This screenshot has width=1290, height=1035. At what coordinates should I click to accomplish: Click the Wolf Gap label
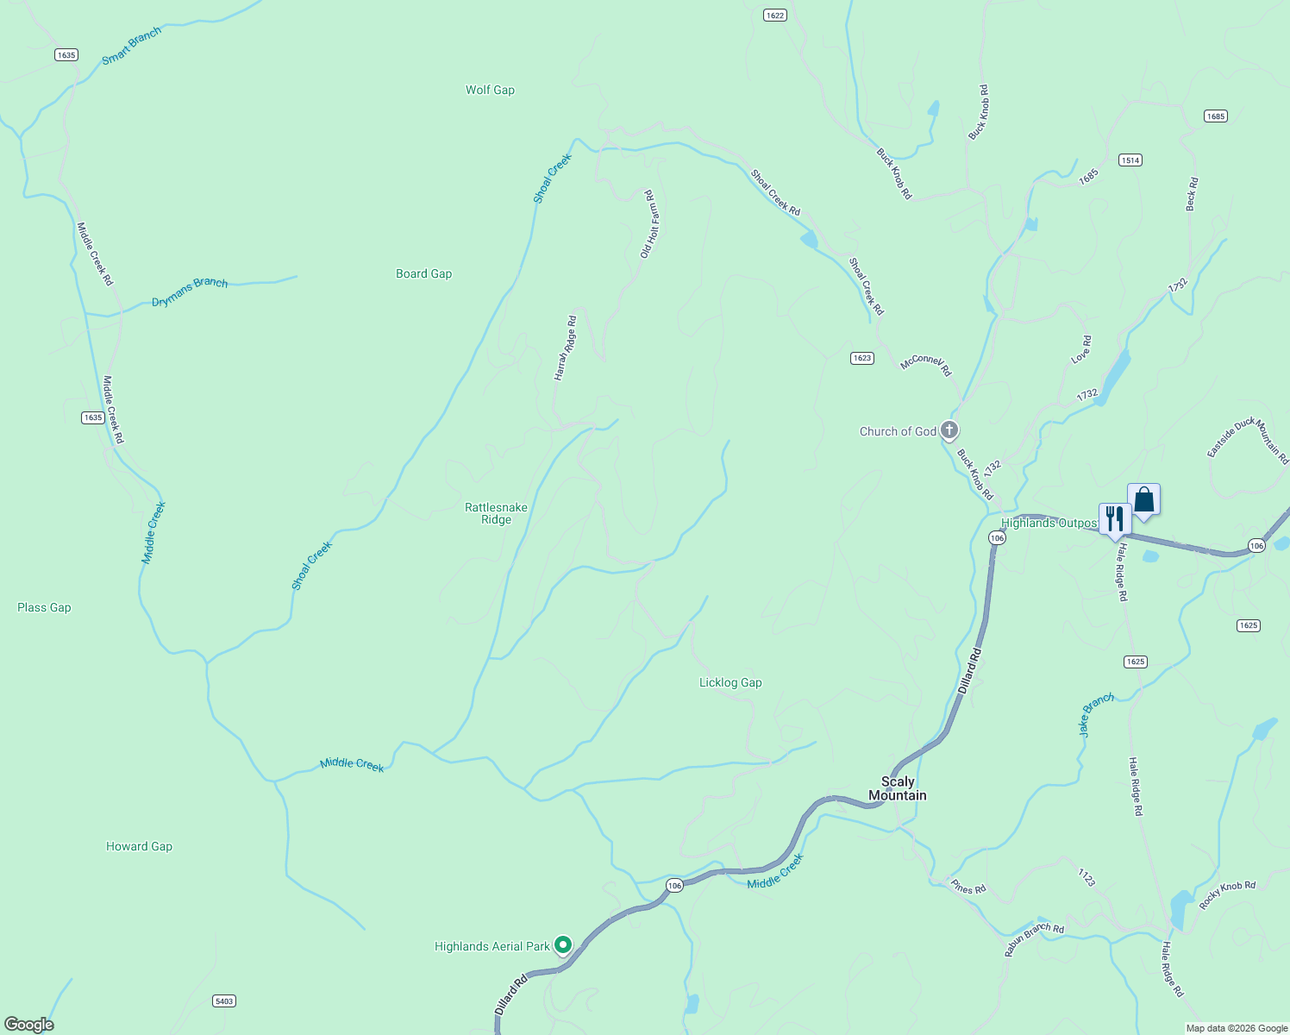click(x=490, y=90)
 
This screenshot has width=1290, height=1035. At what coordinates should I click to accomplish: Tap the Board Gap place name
click(x=423, y=273)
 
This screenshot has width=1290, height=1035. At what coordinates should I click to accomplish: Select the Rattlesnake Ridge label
click(x=496, y=513)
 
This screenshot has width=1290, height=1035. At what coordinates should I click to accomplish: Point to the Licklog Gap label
click(x=730, y=682)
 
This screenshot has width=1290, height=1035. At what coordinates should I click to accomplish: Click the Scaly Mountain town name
click(x=897, y=788)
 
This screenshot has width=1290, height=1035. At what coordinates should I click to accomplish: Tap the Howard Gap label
click(x=139, y=846)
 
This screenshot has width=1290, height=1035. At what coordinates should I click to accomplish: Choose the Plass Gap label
click(x=44, y=607)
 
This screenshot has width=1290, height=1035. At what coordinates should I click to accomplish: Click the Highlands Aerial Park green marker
click(x=563, y=945)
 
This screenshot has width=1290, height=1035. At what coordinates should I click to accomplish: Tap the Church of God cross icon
click(x=949, y=430)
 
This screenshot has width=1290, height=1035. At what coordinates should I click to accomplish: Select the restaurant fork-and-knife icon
click(x=1114, y=518)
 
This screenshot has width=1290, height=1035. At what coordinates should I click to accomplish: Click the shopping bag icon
click(x=1143, y=499)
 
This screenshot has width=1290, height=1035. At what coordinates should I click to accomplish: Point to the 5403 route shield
click(x=224, y=1000)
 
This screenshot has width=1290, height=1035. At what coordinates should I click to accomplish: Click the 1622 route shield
click(x=774, y=16)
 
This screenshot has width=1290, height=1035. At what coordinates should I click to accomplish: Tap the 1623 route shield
click(x=861, y=358)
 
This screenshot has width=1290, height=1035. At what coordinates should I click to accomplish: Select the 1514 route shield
click(x=1130, y=160)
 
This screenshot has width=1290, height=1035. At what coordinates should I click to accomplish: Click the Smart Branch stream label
click(x=131, y=46)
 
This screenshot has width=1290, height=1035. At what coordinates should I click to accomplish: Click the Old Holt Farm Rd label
click(x=651, y=224)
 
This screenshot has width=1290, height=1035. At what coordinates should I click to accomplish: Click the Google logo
click(x=29, y=1025)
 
